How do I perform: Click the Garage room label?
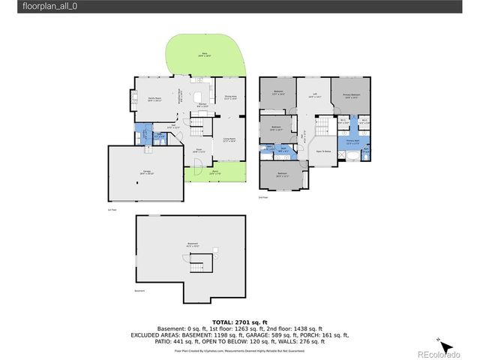pos(146,172)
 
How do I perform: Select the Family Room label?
pos(155,99)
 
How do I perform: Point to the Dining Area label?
pos(229,97)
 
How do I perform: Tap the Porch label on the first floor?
pos(214,175)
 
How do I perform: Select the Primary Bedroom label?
pos(352,95)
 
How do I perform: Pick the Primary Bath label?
pos(352,142)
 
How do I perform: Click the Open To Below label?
pos(324,150)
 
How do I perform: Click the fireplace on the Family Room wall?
pos(135,99)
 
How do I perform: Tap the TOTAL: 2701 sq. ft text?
pos(239,321)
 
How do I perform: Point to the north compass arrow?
pos(445,346)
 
